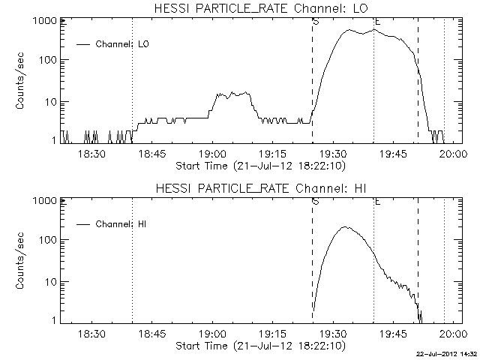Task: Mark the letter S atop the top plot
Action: (x=316, y=21)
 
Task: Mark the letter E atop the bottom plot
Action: (x=377, y=201)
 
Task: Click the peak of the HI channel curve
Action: (x=344, y=226)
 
